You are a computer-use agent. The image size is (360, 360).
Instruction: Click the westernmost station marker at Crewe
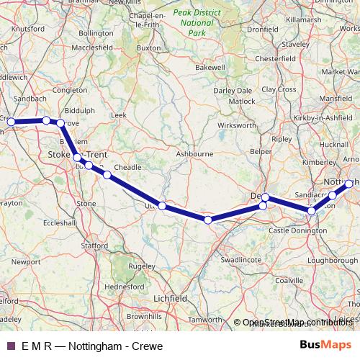(11, 122)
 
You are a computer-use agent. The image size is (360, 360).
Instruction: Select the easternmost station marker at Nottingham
(349, 184)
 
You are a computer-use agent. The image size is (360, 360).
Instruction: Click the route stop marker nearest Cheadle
(107, 174)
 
